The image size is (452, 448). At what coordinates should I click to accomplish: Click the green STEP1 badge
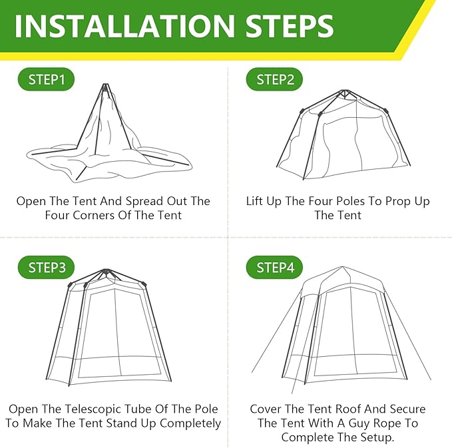click(x=47, y=80)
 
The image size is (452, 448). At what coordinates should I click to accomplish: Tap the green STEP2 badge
click(x=275, y=80)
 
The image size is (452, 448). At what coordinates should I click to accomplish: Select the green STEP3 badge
click(x=47, y=268)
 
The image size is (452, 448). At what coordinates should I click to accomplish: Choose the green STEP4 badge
click(x=275, y=268)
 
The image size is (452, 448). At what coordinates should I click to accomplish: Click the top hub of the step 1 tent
click(x=105, y=86)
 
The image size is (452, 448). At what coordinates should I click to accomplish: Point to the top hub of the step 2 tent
click(x=343, y=93)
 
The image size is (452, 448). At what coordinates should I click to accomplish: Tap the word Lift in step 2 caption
click(x=259, y=201)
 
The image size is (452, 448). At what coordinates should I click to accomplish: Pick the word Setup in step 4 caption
click(x=378, y=437)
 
